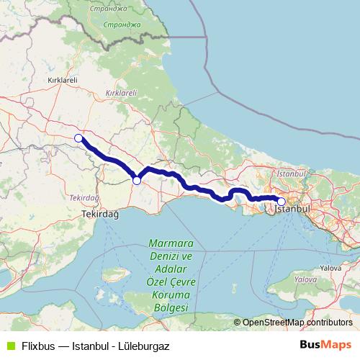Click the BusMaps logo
(328, 345)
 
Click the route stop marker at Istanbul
(282, 202)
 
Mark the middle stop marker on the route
(137, 180)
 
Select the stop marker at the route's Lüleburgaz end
(78, 138)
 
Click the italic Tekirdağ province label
(84, 197)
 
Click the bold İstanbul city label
(293, 209)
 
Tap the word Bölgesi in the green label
(166, 307)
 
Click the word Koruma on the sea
(166, 294)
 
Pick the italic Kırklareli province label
(121, 94)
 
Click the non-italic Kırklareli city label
(61, 80)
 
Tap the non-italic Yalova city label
(331, 267)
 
